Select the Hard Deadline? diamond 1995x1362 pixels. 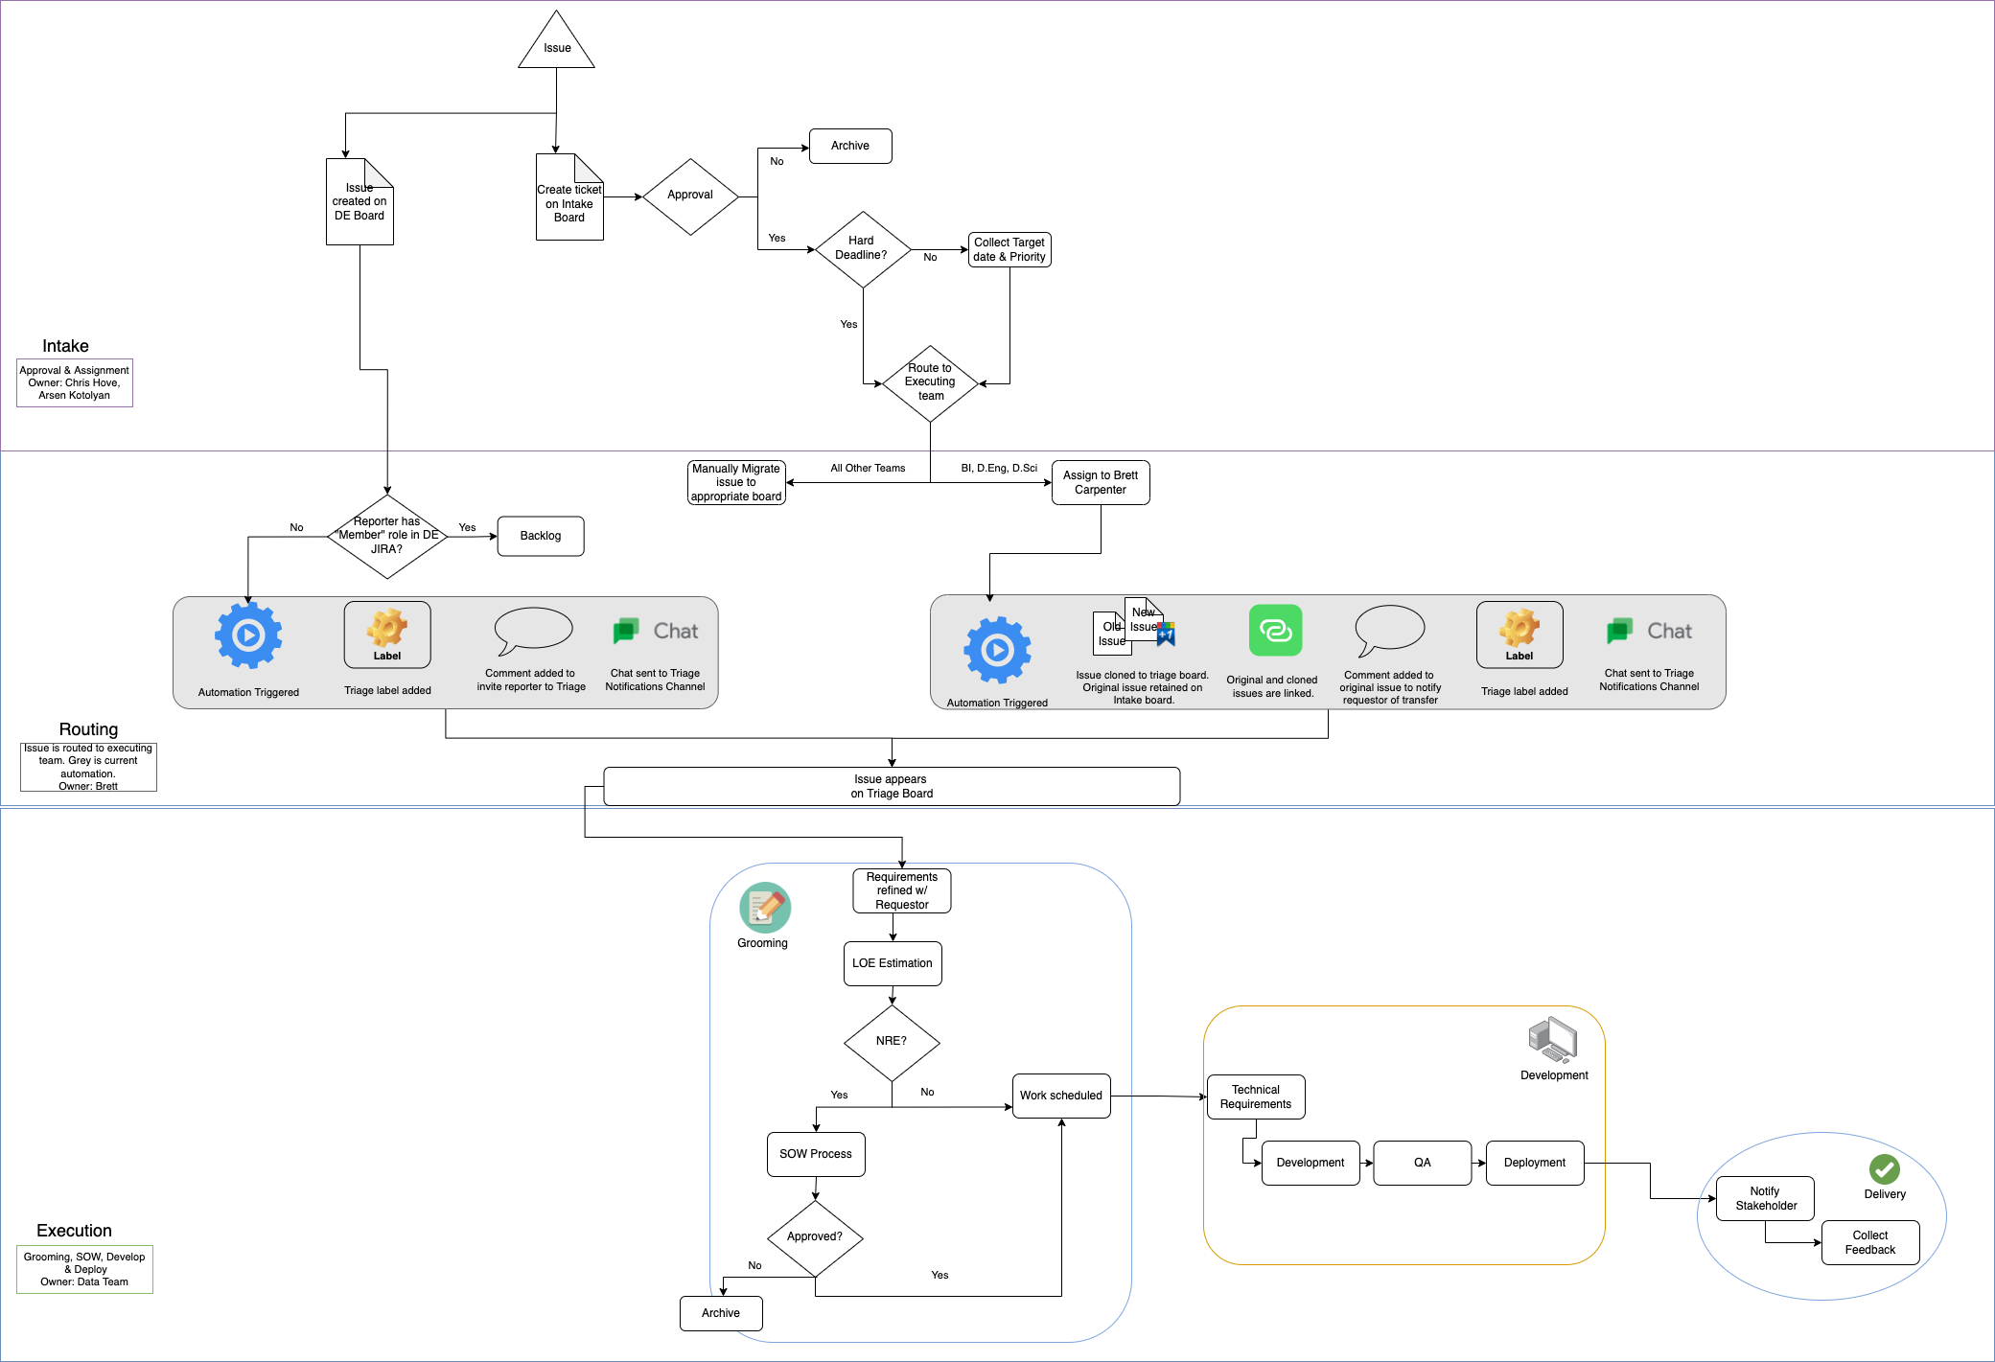pyautogui.click(x=862, y=248)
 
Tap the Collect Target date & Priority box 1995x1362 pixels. pyautogui.click(x=1009, y=249)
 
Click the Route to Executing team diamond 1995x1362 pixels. pyautogui.click(x=929, y=382)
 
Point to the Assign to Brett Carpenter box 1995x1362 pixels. pyautogui.click(x=1100, y=482)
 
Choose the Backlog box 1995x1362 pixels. pyautogui.click(x=540, y=536)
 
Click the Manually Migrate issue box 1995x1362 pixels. pyautogui.click(x=735, y=482)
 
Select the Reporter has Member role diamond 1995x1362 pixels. pyautogui.click(x=386, y=536)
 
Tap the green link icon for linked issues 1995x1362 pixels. pyautogui.click(x=1274, y=630)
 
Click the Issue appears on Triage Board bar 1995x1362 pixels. pyautogui.click(x=891, y=786)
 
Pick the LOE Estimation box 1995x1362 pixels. pyautogui.click(x=892, y=963)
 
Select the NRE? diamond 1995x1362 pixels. pyautogui.click(x=891, y=1042)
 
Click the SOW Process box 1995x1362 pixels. pyautogui.click(x=815, y=1154)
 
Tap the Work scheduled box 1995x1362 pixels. pyautogui.click(x=1060, y=1096)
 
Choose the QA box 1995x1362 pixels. pyautogui.click(x=1422, y=1163)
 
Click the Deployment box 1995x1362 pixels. pyautogui.click(x=1534, y=1163)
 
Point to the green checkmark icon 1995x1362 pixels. pyautogui.click(x=1884, y=1168)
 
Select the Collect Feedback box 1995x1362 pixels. pyautogui.click(x=1869, y=1242)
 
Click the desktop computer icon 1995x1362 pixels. pyautogui.click(x=1552, y=1040)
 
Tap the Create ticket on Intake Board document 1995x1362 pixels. pyautogui.click(x=568, y=201)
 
